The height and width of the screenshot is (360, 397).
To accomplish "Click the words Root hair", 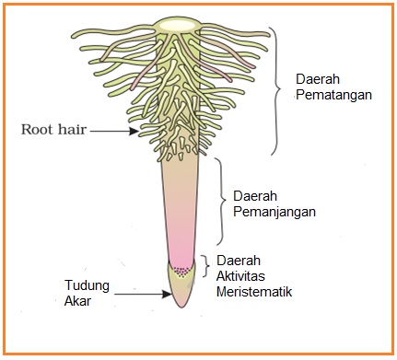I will (53, 130).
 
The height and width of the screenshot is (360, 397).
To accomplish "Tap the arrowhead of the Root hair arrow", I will (139, 132).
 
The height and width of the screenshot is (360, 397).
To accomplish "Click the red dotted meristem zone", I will (182, 271).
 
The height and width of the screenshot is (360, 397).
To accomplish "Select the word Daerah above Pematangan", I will (316, 80).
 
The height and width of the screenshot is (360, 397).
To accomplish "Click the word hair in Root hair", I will (73, 130).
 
